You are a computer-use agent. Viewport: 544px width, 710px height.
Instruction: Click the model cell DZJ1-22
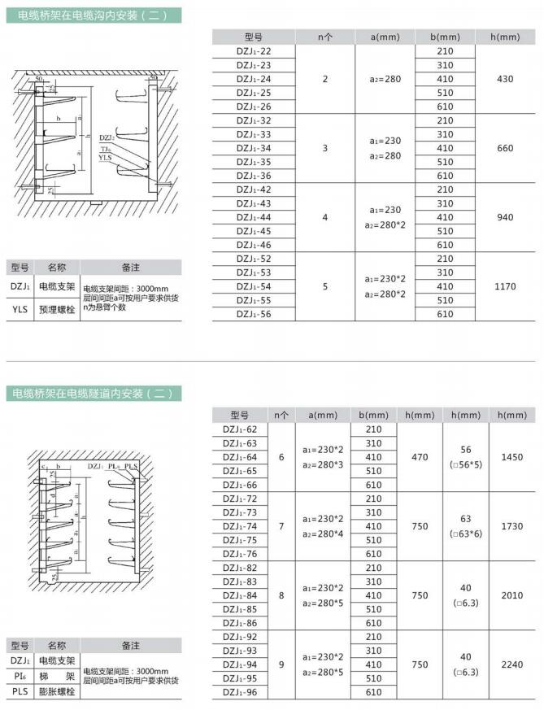[254, 51]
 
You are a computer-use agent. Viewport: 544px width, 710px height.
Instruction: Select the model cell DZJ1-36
[254, 176]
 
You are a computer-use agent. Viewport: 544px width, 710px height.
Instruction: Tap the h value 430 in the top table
[505, 79]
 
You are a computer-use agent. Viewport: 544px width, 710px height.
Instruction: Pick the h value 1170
[505, 286]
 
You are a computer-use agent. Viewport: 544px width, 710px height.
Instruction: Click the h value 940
[505, 217]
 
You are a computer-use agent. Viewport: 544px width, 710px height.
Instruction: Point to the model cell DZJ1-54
[254, 286]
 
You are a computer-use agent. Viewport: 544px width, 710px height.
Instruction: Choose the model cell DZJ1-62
[239, 429]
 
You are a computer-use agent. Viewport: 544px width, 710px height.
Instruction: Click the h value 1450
[512, 457]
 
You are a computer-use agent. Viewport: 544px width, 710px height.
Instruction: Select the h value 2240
[512, 664]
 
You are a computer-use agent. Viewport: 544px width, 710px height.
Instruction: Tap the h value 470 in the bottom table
[419, 457]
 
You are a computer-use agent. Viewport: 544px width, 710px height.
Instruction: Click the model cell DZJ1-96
[239, 692]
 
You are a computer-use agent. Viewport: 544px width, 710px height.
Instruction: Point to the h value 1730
[512, 526]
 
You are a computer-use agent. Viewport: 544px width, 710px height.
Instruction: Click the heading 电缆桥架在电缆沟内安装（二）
[90, 15]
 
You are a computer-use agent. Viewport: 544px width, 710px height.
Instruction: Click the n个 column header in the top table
[324, 37]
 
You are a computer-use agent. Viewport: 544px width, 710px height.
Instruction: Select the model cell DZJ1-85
[239, 609]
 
